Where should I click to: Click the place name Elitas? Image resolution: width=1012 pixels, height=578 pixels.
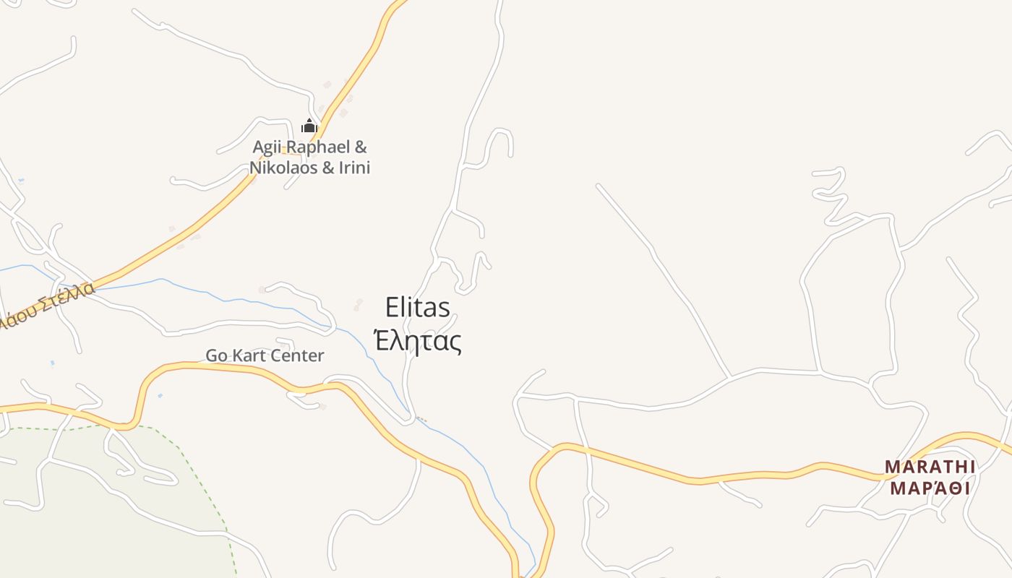[x=418, y=307]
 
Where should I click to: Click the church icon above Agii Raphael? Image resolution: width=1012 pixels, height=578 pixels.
[x=309, y=126]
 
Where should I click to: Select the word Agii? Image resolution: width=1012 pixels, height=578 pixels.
[x=265, y=147]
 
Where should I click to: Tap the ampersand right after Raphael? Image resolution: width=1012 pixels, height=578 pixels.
[x=360, y=147]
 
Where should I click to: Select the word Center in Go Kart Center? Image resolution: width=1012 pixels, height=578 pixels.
[x=298, y=355]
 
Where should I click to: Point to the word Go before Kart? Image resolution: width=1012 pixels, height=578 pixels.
[x=216, y=355]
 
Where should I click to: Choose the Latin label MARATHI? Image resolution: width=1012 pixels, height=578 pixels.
[x=930, y=467]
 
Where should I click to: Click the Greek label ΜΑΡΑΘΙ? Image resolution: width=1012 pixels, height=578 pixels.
[x=930, y=488]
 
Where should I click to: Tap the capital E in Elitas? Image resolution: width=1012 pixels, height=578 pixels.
[x=393, y=307]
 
